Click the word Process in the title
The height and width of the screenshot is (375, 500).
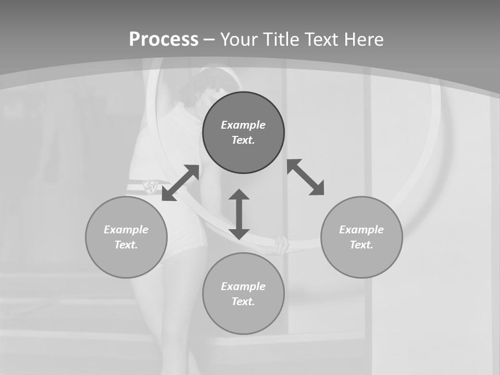click(164, 40)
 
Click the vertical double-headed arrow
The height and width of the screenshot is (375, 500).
click(239, 214)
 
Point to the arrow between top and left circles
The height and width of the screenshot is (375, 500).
click(180, 183)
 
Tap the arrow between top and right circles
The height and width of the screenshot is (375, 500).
click(306, 177)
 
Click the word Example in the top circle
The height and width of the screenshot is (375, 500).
click(243, 125)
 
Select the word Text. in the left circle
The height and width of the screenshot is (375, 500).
click(126, 245)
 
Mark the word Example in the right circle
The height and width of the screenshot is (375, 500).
click(361, 230)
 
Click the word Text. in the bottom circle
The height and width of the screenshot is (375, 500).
click(243, 302)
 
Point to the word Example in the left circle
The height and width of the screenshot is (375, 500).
click(126, 230)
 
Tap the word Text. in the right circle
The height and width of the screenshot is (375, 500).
click(361, 245)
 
